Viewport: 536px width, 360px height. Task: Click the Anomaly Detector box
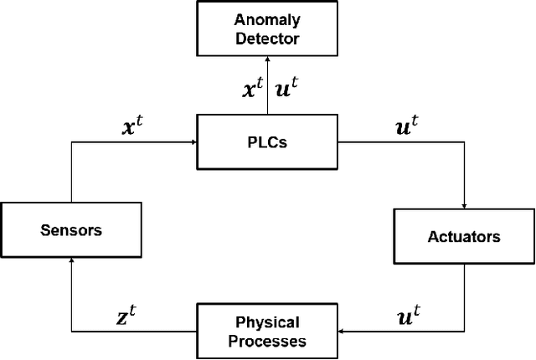tap(266, 28)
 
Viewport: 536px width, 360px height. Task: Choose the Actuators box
tap(462, 236)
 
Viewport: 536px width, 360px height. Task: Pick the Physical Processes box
tap(266, 331)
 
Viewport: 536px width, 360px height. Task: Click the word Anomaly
tap(266, 19)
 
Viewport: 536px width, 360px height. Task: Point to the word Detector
tap(266, 39)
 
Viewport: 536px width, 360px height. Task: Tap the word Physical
tap(267, 321)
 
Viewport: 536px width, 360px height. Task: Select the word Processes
tap(266, 341)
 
